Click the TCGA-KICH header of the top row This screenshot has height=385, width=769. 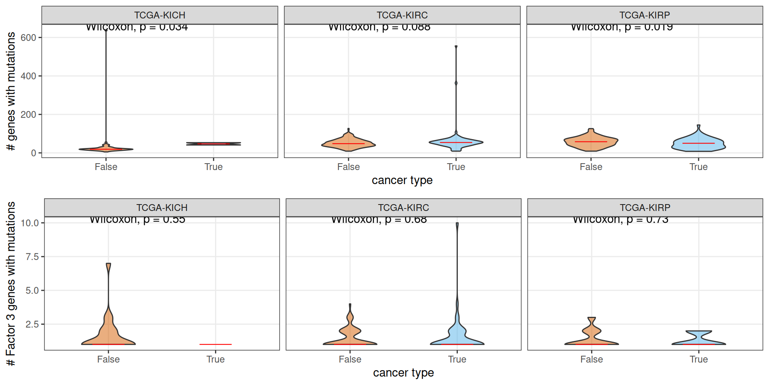point(159,15)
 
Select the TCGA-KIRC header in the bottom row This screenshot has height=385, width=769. point(403,208)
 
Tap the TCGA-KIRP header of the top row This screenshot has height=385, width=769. point(644,15)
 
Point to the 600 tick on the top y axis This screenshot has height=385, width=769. point(28,38)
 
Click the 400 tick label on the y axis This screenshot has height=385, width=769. point(28,76)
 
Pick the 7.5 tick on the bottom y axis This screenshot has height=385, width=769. point(32,257)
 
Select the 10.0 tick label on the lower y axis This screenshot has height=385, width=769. point(30,223)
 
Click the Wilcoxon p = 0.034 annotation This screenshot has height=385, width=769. point(137,27)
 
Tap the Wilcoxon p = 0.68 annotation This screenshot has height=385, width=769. point(379,220)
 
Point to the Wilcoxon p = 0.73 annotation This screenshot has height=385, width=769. point(620,220)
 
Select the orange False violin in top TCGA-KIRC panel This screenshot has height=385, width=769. point(348,144)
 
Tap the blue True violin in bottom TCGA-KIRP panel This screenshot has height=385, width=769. point(699,339)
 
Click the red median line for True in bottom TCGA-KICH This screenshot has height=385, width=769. point(215,344)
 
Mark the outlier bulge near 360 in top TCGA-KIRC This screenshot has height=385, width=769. point(456,83)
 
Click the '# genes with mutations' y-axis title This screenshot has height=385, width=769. point(11,91)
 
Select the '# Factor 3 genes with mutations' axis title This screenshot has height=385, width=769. point(11,284)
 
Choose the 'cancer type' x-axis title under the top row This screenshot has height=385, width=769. point(402,180)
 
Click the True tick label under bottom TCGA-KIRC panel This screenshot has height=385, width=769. point(457,359)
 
